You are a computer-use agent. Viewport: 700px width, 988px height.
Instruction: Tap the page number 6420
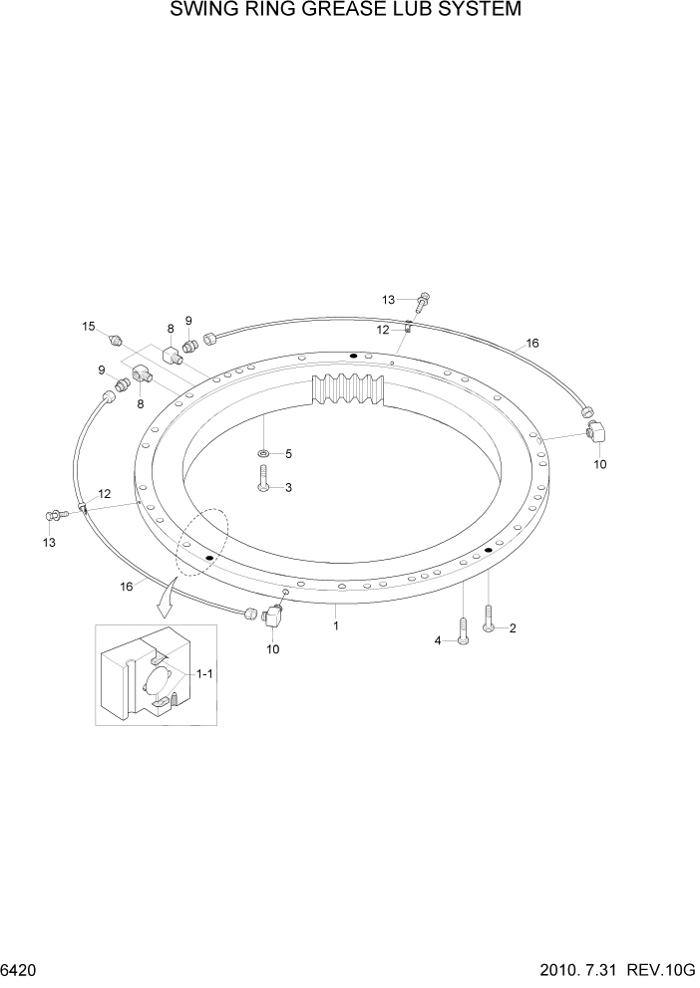tap(21, 969)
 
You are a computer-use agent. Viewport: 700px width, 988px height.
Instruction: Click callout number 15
tap(89, 326)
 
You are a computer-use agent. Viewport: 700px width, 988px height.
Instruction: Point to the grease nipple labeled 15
tap(114, 339)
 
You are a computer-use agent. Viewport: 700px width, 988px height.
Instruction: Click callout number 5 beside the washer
tap(288, 454)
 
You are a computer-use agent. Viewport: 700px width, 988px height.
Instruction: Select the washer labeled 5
tap(262, 454)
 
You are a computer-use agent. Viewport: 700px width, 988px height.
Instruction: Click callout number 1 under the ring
tap(336, 626)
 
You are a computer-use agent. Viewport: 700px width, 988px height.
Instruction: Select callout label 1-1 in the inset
tap(204, 674)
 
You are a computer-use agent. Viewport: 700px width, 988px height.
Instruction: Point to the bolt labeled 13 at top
tap(424, 300)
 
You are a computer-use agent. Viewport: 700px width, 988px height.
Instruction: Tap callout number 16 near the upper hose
tap(532, 343)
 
